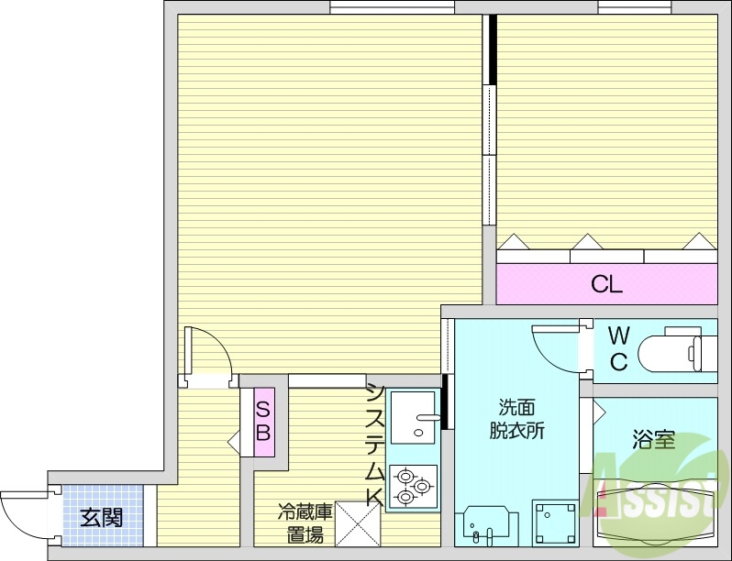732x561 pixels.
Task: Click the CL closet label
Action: pyautogui.click(x=606, y=284)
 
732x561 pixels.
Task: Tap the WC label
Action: pyautogui.click(x=618, y=348)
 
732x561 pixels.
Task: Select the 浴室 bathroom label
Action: pyautogui.click(x=653, y=439)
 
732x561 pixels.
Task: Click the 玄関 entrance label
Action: pyautogui.click(x=101, y=518)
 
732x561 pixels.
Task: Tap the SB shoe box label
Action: pyautogui.click(x=263, y=422)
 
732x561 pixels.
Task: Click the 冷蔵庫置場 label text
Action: pyautogui.click(x=302, y=523)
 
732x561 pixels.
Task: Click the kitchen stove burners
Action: pyautogui.click(x=414, y=487)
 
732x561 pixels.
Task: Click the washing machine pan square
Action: pyautogui.click(x=555, y=522)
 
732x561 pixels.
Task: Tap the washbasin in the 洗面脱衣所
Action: pyautogui.click(x=485, y=524)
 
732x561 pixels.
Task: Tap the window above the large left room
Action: pyautogui.click(x=393, y=8)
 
